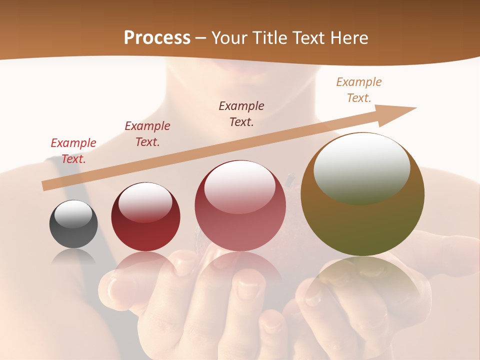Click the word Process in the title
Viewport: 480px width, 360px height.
click(157, 38)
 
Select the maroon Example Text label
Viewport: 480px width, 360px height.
click(147, 134)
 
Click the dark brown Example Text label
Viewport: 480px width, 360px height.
click(241, 114)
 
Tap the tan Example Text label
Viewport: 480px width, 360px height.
click(359, 90)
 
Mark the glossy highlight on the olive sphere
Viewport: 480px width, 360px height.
click(361, 169)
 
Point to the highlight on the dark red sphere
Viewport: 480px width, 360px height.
click(145, 202)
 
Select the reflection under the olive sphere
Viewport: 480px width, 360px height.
click(362, 280)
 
